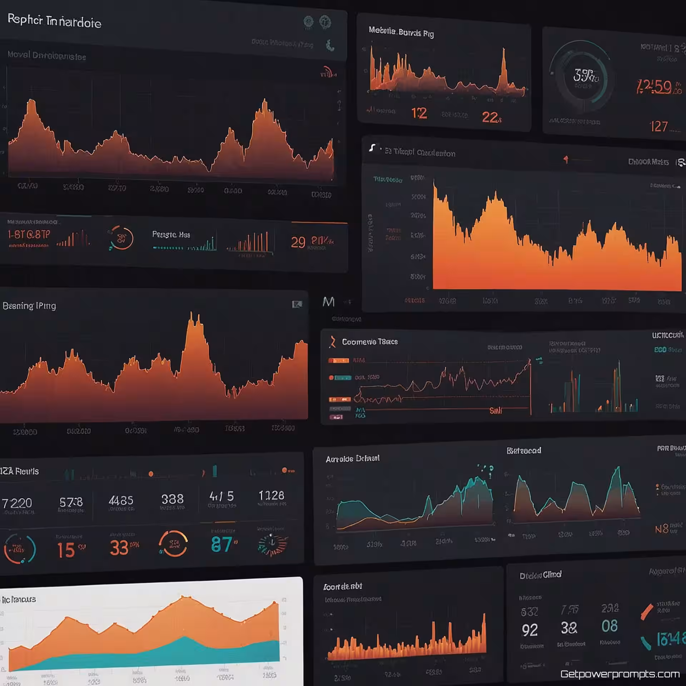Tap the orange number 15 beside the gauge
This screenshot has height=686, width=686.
click(x=66, y=550)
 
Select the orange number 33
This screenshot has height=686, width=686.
click(x=119, y=548)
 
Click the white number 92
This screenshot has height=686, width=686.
click(x=530, y=630)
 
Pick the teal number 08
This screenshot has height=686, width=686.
click(x=609, y=626)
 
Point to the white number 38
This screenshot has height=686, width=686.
click(x=569, y=628)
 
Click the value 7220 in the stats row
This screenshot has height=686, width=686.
click(x=17, y=503)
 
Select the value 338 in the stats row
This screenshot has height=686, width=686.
click(x=172, y=499)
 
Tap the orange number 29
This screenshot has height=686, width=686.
click(x=298, y=243)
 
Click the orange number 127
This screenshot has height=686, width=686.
click(x=658, y=126)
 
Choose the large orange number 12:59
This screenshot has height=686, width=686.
click(x=654, y=86)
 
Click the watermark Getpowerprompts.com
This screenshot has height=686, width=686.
click(x=620, y=674)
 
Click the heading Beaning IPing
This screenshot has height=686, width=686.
click(x=29, y=306)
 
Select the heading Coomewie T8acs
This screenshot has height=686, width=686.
click(x=370, y=342)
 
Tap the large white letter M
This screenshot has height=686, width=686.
click(x=328, y=302)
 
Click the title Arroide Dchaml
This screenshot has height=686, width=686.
click(x=352, y=459)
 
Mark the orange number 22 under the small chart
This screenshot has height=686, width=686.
click(x=490, y=117)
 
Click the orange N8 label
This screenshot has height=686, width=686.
click(x=662, y=529)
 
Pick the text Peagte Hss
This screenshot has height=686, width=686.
click(x=171, y=234)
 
